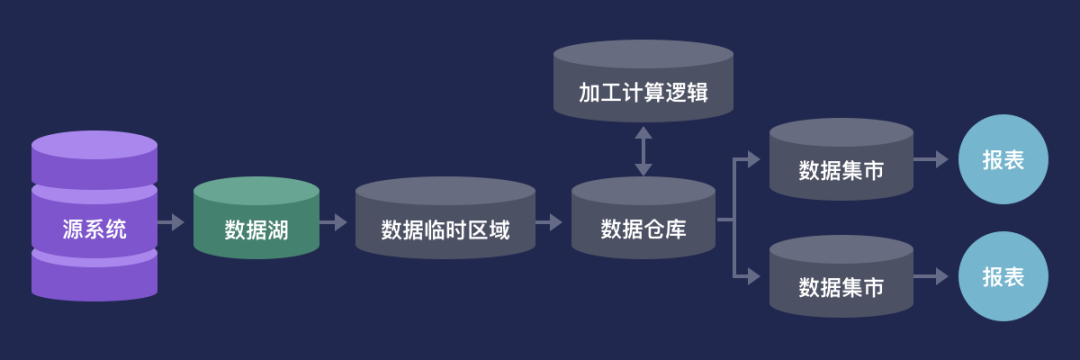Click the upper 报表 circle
point(1003,161)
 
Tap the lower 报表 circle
point(1003,277)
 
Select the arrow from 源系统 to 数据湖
point(173,221)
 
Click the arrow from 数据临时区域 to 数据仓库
point(550,221)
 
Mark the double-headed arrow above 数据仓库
point(643,151)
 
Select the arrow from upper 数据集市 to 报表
point(931,161)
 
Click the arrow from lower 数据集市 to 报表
point(931,276)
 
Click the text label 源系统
point(94,230)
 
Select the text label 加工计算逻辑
point(643,93)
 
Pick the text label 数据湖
point(256,231)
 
